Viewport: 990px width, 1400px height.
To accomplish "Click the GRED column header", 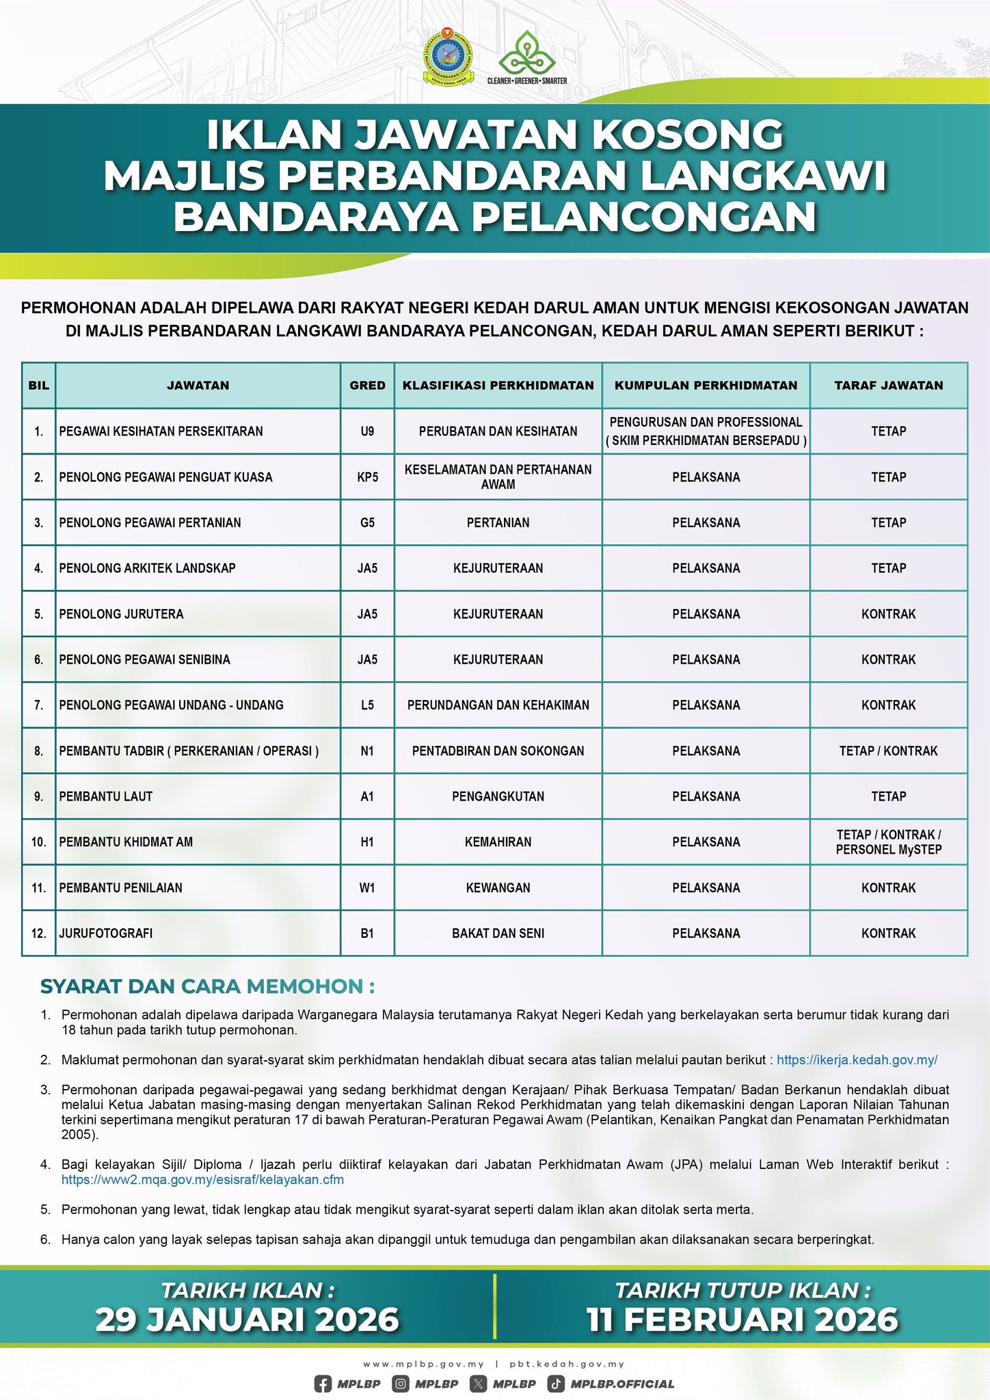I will [367, 386].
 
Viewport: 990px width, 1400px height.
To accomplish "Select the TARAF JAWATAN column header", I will [888, 386].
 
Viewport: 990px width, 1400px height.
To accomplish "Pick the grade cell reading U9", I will [367, 431].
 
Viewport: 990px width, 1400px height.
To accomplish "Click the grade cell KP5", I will [367, 477].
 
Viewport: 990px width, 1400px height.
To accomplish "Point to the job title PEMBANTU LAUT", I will [106, 796].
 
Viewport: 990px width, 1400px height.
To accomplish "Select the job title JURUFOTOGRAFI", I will [106, 933].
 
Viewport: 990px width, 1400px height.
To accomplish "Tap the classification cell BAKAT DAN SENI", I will [498, 933].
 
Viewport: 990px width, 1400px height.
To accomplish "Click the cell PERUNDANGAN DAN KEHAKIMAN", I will [498, 705].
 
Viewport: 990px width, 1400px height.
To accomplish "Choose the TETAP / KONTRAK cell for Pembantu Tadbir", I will [888, 751].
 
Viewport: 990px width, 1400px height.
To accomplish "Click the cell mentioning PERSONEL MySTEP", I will [888, 842].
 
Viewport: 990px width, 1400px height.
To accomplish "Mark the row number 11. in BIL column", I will [38, 888].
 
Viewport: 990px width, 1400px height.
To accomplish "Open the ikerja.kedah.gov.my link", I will [857, 1060].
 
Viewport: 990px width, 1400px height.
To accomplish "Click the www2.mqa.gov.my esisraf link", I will [202, 1179].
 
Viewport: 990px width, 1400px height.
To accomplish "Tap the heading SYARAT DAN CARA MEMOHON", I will [207, 986].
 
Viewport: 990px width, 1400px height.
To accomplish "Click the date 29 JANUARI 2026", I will [247, 1319].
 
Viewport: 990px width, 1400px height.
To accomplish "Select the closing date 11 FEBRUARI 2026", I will [742, 1319].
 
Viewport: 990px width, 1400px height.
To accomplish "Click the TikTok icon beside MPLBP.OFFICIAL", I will [556, 1384].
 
